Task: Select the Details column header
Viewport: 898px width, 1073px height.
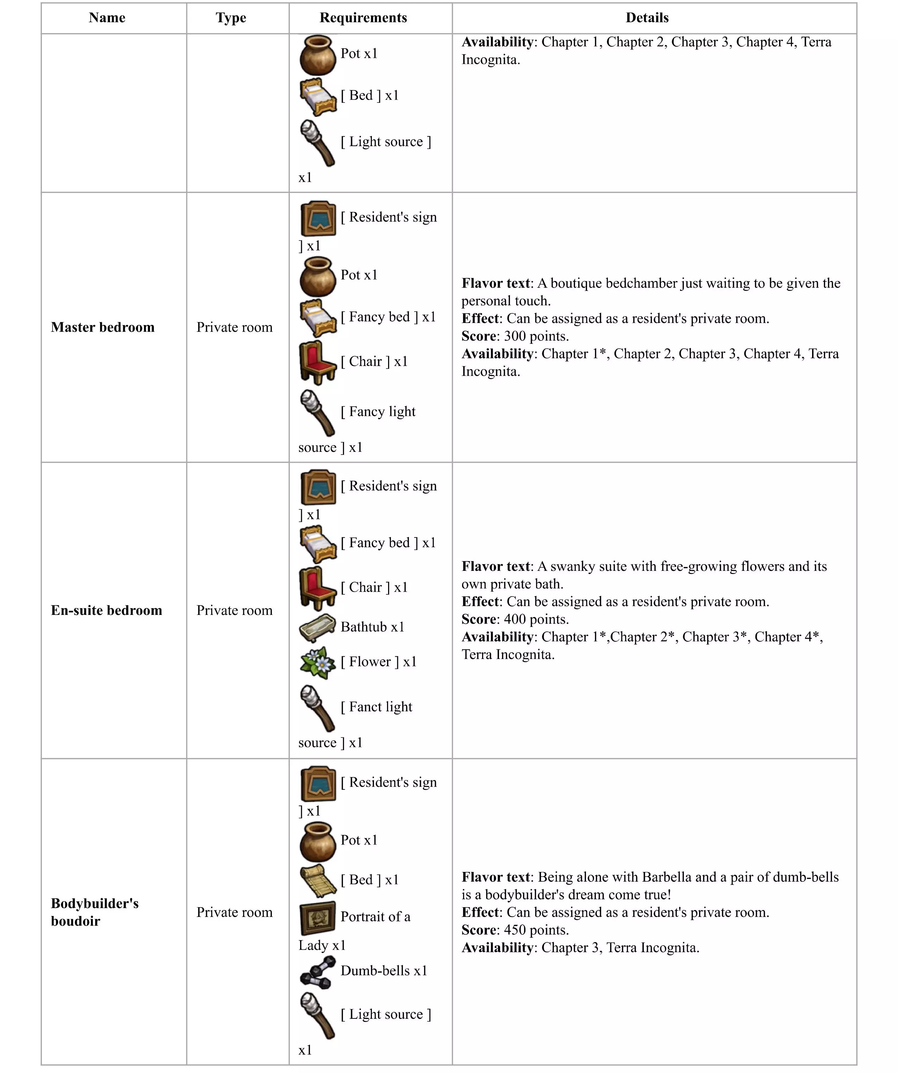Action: click(x=647, y=18)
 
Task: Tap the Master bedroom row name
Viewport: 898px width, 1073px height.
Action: click(x=103, y=327)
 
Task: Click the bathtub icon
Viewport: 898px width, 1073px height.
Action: click(x=317, y=628)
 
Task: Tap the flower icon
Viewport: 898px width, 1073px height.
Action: click(x=317, y=662)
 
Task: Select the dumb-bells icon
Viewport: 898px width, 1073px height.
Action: click(x=317, y=971)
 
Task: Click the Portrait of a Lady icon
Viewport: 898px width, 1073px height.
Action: click(x=317, y=918)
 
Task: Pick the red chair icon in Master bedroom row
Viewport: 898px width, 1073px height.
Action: click(x=317, y=362)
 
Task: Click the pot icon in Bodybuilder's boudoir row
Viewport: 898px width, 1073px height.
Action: click(x=317, y=842)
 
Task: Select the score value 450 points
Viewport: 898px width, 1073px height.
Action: click(x=536, y=930)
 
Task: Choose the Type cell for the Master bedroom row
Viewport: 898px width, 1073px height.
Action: click(x=235, y=327)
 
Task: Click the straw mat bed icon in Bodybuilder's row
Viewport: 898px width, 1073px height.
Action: click(x=317, y=880)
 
